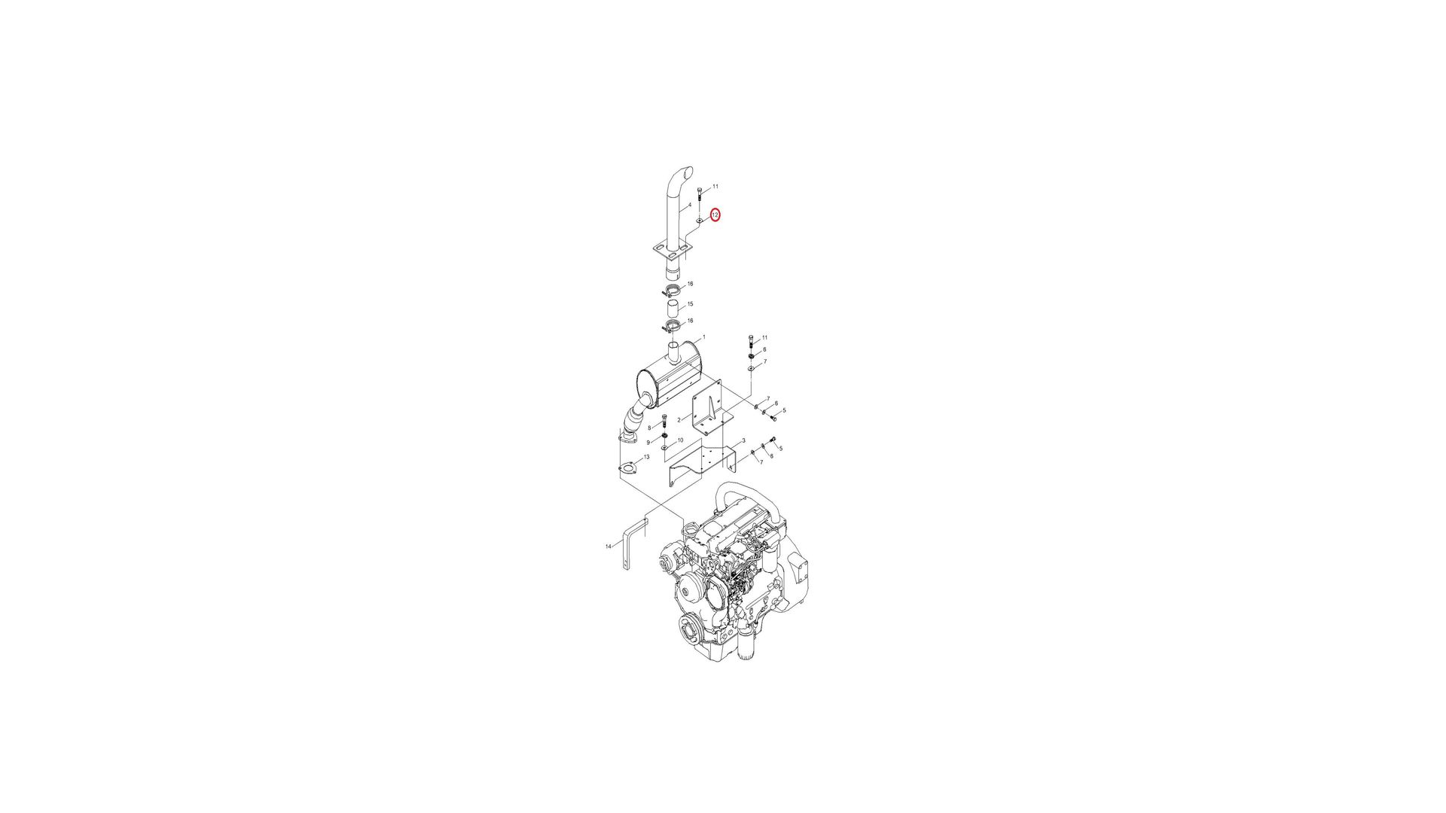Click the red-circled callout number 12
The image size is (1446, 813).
pyautogui.click(x=715, y=215)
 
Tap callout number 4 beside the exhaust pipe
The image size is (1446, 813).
pyautogui.click(x=689, y=205)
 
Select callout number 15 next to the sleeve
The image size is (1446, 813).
pyautogui.click(x=690, y=304)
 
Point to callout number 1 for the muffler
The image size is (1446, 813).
pyautogui.click(x=703, y=337)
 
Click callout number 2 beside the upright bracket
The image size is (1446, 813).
pyautogui.click(x=679, y=420)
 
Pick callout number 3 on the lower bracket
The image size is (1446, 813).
pyautogui.click(x=743, y=441)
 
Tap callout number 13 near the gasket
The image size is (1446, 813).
pyautogui.click(x=646, y=457)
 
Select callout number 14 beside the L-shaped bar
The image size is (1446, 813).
pyautogui.click(x=609, y=547)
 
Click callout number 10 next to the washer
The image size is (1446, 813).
pyautogui.click(x=680, y=440)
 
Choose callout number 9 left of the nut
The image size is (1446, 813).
pyautogui.click(x=648, y=443)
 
